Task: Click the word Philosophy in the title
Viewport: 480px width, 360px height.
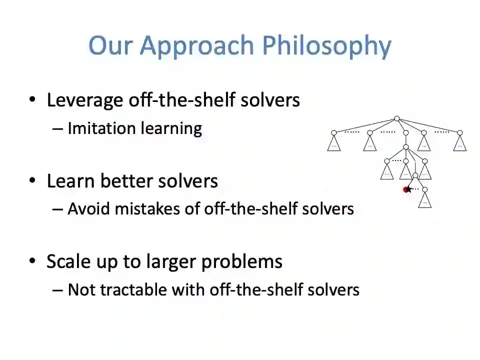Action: pos(326,46)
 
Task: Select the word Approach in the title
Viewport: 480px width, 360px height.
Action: pos(197,46)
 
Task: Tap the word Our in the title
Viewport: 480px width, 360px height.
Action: pos(110,45)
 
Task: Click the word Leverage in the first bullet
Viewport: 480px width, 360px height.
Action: pos(84,100)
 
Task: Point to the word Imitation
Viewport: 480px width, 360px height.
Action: pos(101,128)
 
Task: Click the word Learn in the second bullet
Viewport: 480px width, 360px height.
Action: pos(70,181)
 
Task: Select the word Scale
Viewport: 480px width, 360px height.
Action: pos(68,261)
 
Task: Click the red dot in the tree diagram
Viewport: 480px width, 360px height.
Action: pos(405,190)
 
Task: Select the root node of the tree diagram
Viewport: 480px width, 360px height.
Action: pos(396,118)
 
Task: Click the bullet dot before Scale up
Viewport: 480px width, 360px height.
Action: pos(32,261)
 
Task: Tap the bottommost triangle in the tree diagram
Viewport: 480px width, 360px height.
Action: pos(424,200)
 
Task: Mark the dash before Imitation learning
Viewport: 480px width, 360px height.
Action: pos(57,129)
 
